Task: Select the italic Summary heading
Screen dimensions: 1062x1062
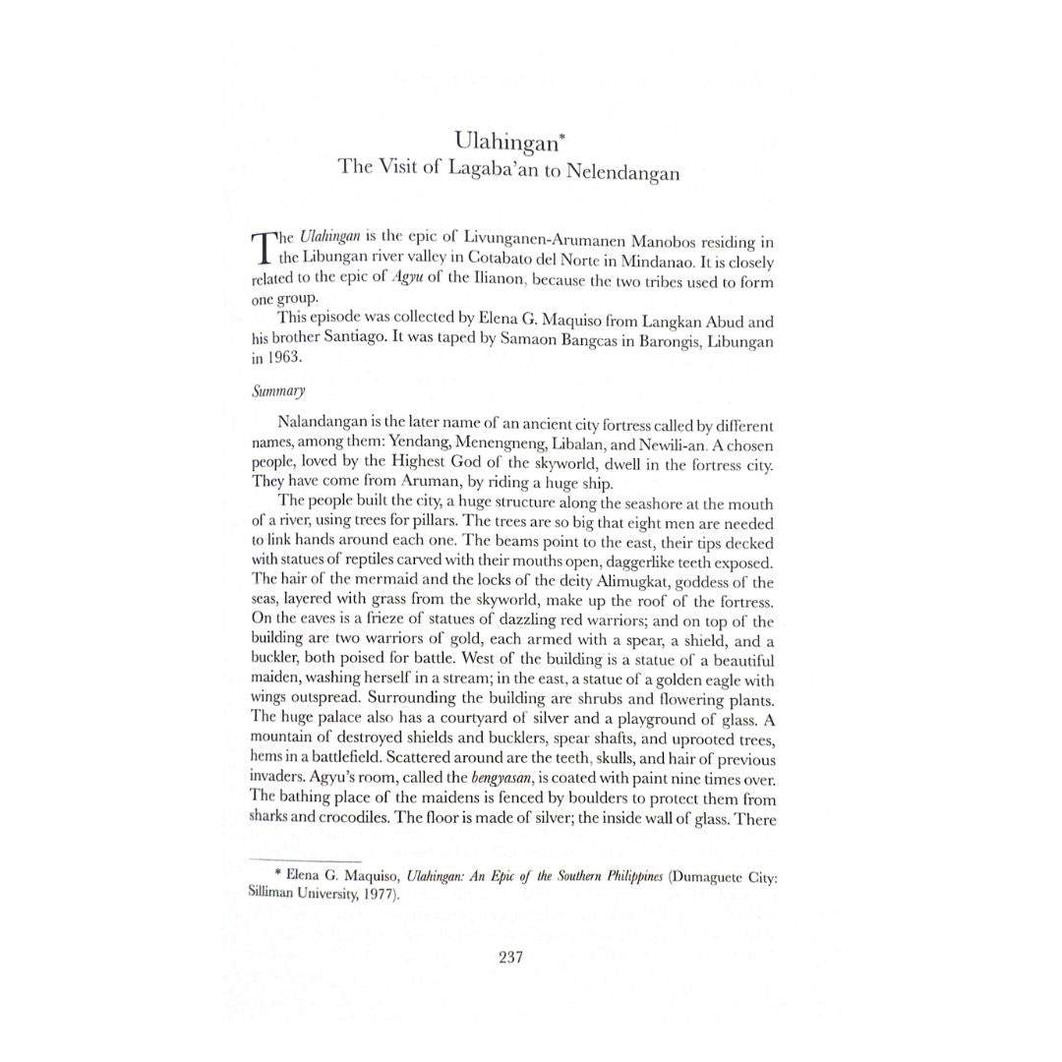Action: (x=278, y=391)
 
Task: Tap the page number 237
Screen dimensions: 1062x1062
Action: (x=510, y=957)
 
